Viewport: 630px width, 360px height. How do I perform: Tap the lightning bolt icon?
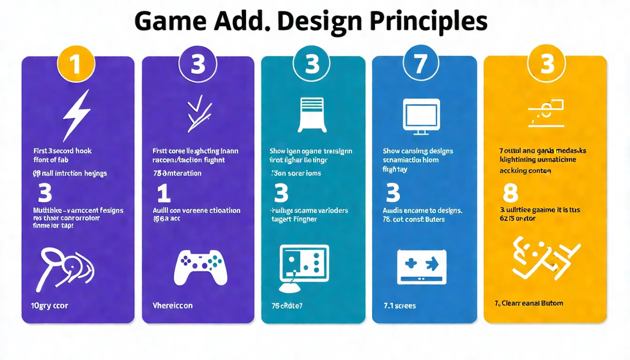(x=76, y=114)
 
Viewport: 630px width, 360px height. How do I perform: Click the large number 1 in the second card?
(x=163, y=193)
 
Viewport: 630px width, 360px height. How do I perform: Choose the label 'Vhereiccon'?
(x=172, y=306)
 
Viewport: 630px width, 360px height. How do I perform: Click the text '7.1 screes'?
(x=399, y=306)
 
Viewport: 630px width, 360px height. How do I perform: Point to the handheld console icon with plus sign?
(x=421, y=266)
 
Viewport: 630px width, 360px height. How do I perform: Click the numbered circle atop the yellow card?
(x=547, y=64)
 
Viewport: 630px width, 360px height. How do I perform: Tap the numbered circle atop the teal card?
(x=312, y=64)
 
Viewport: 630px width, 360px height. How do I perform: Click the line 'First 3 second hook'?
(x=62, y=151)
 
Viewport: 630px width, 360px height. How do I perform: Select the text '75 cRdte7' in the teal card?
(x=287, y=306)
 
